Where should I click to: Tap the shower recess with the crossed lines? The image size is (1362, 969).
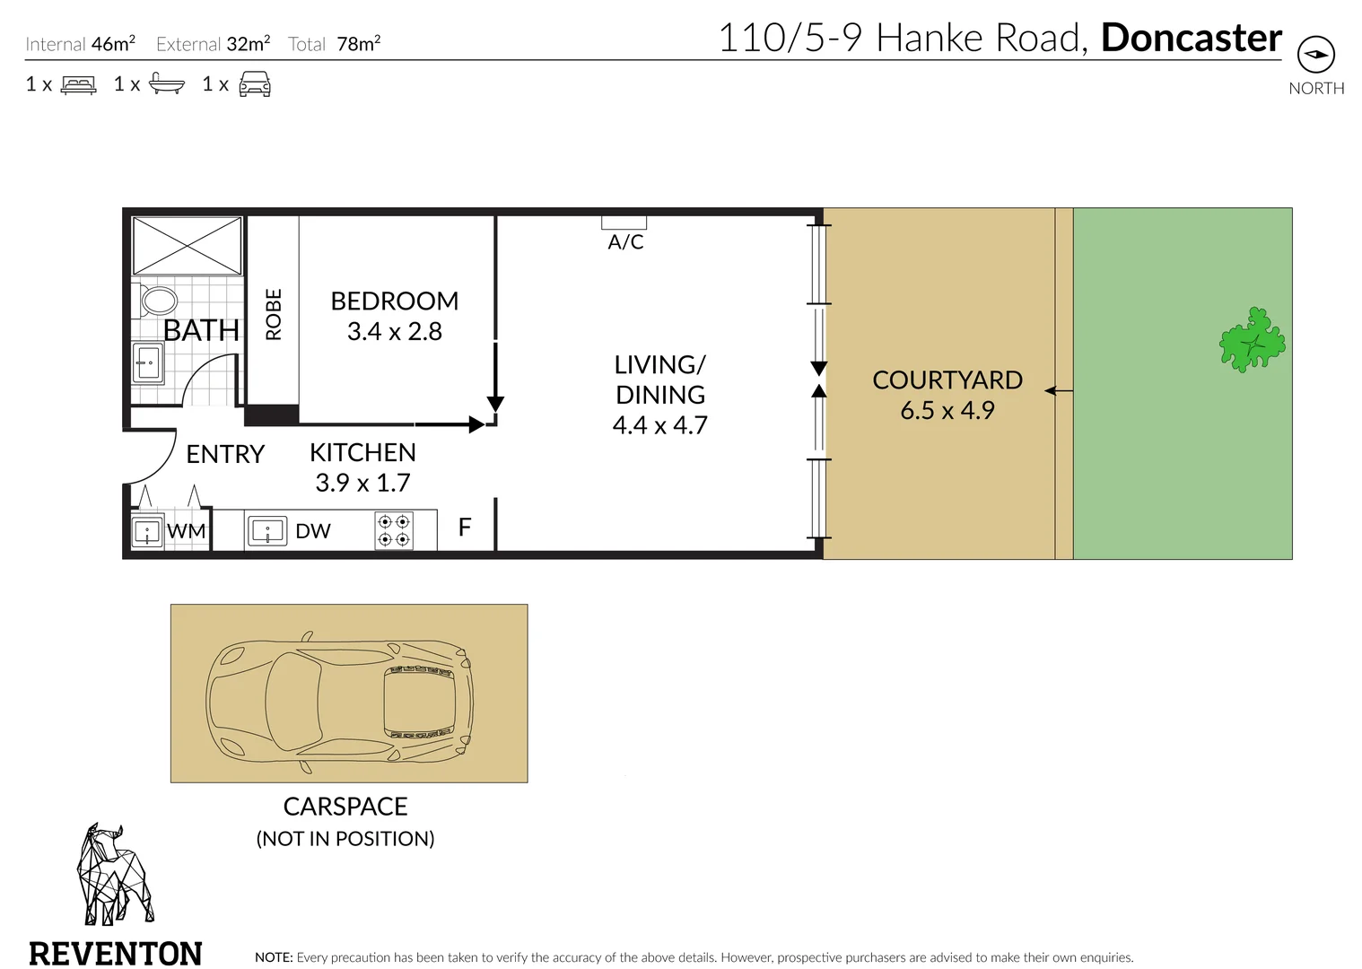(188, 246)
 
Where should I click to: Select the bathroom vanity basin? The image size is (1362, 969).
(148, 362)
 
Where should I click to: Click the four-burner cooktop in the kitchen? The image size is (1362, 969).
(394, 530)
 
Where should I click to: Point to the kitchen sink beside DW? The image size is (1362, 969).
(267, 530)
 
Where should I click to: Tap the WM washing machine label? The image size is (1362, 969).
(186, 531)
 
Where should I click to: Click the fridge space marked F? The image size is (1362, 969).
(465, 527)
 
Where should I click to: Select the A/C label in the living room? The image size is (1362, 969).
(625, 242)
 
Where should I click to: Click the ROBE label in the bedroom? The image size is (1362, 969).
(274, 314)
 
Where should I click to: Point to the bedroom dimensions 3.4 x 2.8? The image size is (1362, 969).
(395, 331)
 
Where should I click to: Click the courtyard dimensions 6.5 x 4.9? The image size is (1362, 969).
(947, 410)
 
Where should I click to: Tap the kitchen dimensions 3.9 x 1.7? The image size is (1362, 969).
(363, 483)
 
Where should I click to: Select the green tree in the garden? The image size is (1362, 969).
(1252, 340)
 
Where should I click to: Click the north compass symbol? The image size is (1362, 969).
(1315, 54)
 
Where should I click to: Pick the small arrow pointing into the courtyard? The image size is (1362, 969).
(1059, 391)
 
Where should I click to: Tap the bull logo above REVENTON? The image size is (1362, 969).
(115, 875)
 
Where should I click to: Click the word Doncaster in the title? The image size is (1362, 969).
(1192, 38)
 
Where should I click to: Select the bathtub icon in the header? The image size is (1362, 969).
(167, 83)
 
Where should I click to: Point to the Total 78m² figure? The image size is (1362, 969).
(334, 44)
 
